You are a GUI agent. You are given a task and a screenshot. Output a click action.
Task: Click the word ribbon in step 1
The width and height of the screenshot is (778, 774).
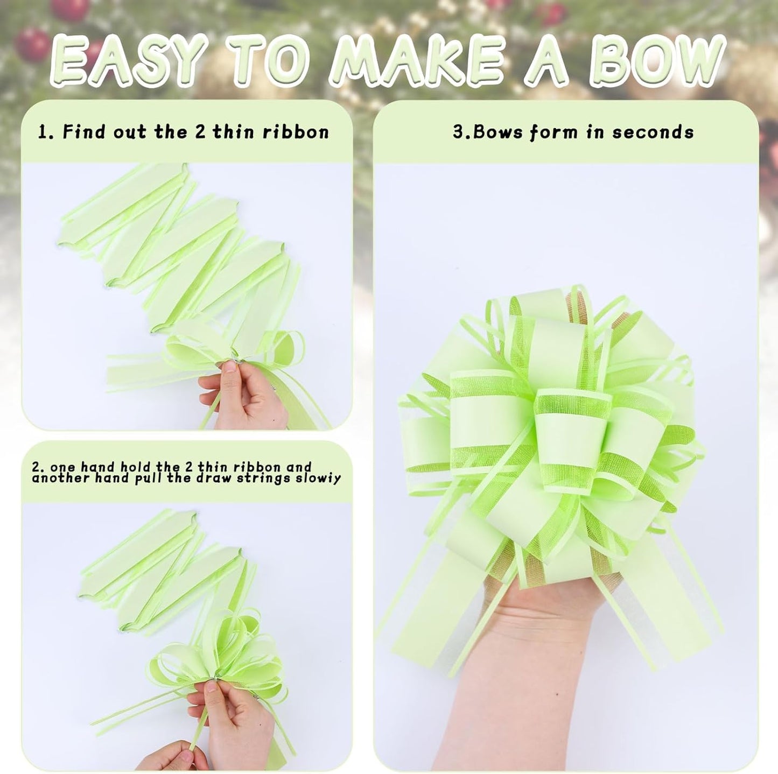[x=296, y=132]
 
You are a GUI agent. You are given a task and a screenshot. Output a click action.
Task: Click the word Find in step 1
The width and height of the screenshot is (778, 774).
[x=86, y=132]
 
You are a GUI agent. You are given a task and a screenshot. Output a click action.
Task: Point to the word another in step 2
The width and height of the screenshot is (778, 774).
[x=53, y=478]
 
